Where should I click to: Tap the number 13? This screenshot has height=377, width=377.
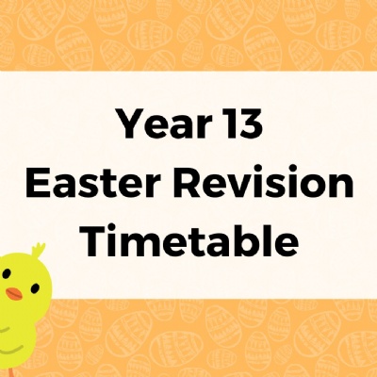(x=242, y=124)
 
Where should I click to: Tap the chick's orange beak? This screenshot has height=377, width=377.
(x=14, y=294)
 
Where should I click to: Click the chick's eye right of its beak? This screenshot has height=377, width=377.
(x=36, y=287)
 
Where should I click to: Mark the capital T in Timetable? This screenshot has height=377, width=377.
(x=94, y=240)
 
